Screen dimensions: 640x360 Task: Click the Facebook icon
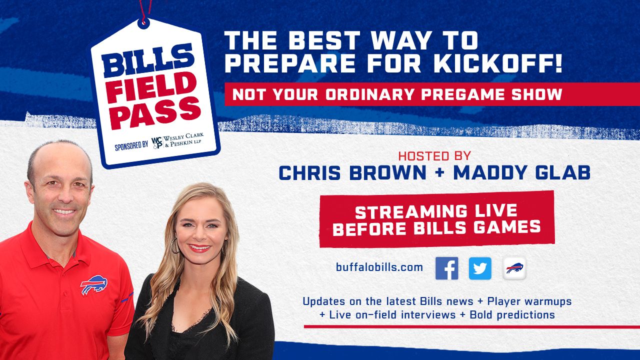tap(446, 268)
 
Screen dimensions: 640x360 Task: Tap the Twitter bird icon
tap(480, 268)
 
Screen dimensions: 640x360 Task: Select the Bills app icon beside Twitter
tap(514, 268)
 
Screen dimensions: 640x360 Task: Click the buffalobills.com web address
tap(379, 267)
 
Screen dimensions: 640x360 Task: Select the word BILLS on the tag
tap(148, 60)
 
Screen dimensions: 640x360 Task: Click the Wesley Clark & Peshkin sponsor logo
tap(177, 141)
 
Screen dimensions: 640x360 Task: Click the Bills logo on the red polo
tap(94, 284)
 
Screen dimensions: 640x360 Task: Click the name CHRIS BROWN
tap(352, 172)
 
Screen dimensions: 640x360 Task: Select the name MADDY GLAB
tap(521, 172)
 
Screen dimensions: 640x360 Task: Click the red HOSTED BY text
tap(434, 156)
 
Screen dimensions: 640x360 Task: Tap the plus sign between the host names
tap(440, 173)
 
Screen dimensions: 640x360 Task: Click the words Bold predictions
tap(512, 315)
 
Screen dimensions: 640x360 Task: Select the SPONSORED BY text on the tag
tap(131, 146)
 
